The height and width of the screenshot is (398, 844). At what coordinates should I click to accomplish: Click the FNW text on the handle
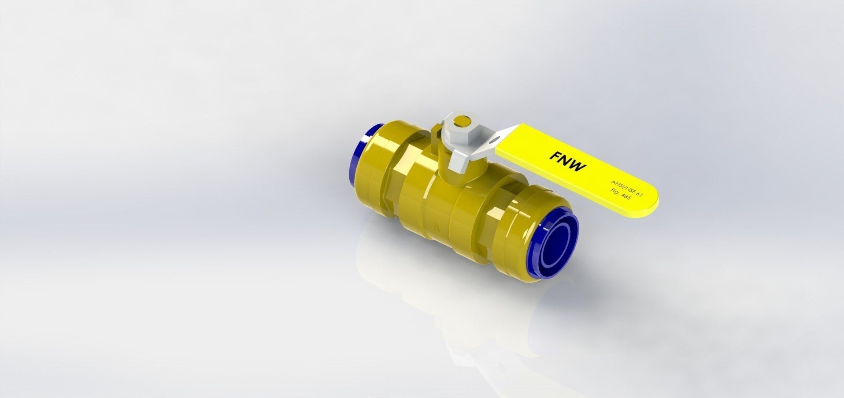[x=567, y=161]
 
